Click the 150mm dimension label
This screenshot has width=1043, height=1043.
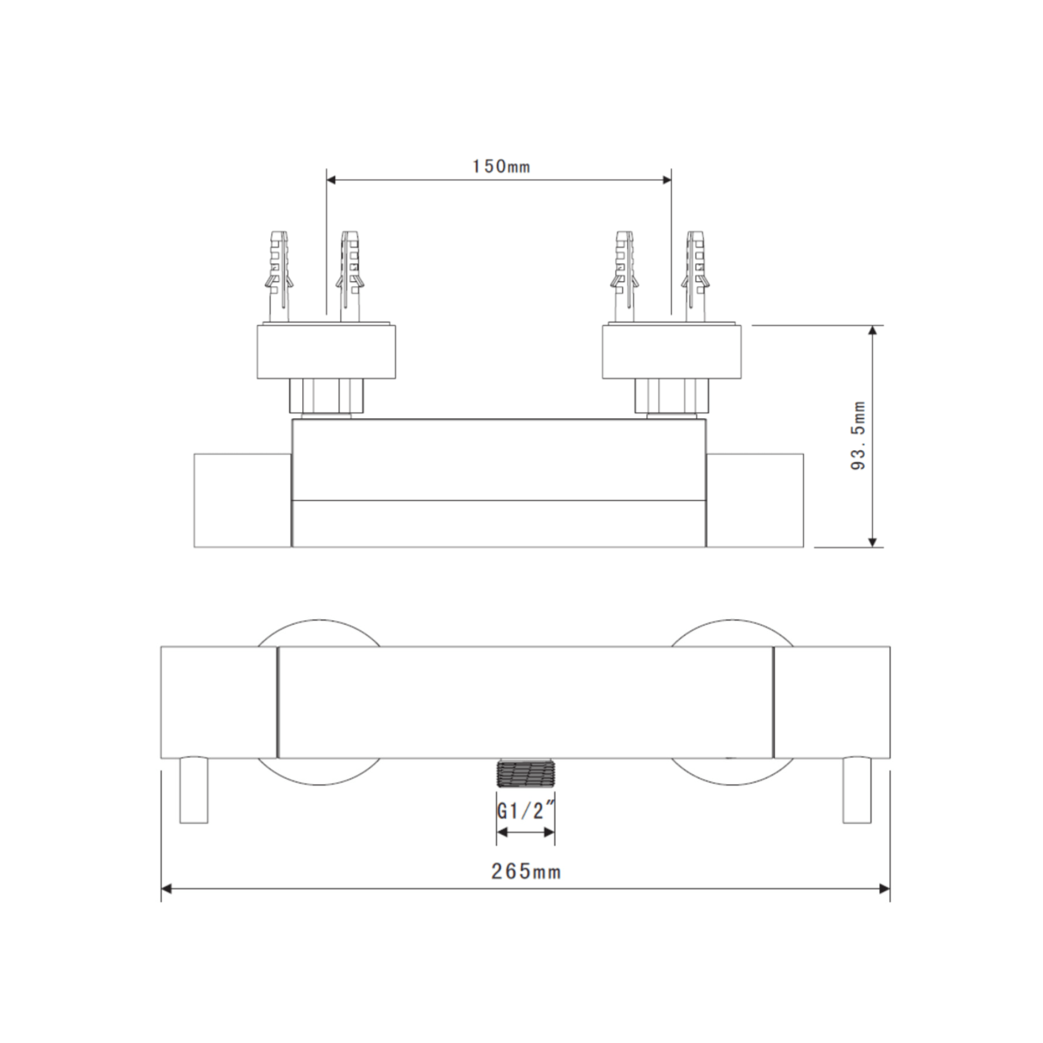501,166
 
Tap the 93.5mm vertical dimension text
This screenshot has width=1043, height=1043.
858,435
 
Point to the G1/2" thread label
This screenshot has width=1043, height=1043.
525,827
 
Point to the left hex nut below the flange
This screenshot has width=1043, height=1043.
326,395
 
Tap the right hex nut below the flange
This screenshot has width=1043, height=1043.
672,395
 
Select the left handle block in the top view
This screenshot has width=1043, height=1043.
242,501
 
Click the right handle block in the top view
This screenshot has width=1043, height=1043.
754,501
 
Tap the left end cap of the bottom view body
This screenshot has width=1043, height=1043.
218,702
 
